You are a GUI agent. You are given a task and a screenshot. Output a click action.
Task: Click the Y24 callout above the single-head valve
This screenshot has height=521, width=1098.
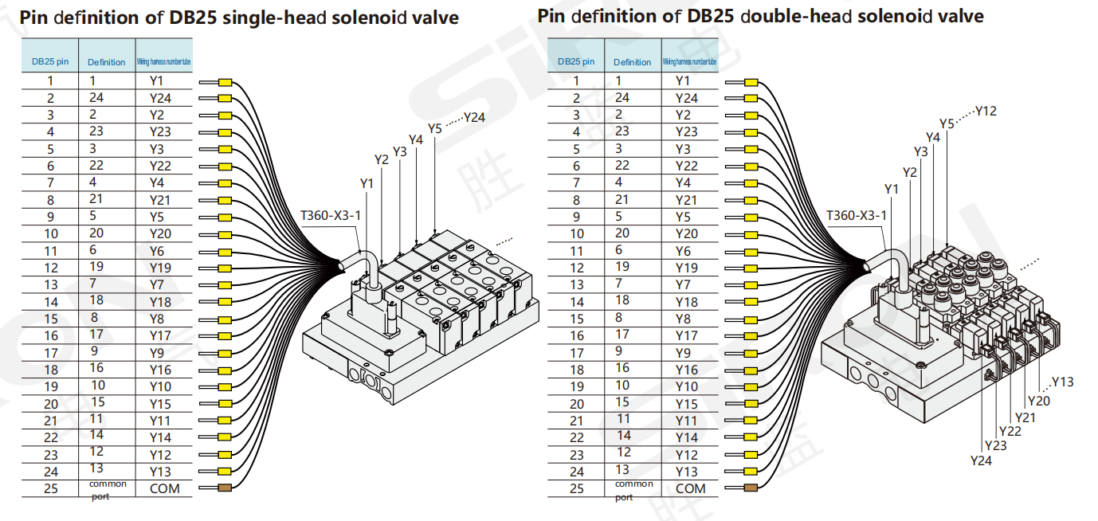[475, 117]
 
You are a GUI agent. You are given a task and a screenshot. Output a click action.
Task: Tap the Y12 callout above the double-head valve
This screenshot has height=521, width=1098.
[986, 111]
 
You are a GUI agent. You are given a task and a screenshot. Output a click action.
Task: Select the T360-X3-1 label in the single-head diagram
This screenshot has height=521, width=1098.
[331, 215]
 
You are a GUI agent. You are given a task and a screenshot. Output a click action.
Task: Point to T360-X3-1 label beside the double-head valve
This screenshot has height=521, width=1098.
[857, 215]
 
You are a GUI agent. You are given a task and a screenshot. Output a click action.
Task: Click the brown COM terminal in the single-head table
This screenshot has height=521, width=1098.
[225, 488]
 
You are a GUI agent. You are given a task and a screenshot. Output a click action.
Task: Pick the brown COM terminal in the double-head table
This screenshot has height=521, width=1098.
[751, 488]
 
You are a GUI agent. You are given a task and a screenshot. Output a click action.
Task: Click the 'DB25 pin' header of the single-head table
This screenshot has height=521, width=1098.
[49, 61]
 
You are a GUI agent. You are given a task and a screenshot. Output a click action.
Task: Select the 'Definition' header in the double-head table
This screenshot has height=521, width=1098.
[633, 61]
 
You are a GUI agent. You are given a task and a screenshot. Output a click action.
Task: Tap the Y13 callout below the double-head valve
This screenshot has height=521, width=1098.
[1063, 382]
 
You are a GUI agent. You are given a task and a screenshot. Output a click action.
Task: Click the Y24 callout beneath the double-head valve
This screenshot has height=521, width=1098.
[982, 460]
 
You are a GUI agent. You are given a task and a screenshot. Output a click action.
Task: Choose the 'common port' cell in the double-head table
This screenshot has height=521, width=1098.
[633, 490]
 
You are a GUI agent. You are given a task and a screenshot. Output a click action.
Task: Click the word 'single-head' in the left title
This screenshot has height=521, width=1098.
[267, 18]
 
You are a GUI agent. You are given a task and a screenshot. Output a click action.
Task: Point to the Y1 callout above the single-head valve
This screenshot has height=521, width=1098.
[367, 184]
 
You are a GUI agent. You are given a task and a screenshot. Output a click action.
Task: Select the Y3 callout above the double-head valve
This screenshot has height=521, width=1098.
[920, 151]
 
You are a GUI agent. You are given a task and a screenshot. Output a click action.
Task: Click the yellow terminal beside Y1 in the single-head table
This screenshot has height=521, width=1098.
[225, 82]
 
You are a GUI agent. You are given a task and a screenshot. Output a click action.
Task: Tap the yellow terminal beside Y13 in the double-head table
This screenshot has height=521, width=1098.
[751, 471]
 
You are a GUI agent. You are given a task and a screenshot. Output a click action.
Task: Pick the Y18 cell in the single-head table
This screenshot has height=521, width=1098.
[160, 302]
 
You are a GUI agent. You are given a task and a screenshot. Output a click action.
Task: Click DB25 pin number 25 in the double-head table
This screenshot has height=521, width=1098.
[577, 489]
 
